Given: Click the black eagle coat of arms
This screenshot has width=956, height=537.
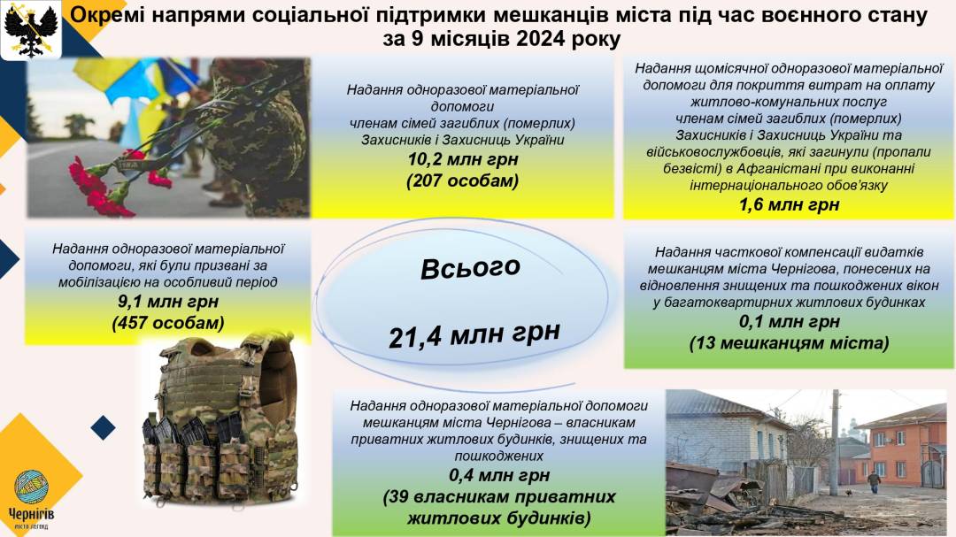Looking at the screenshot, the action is pyautogui.click(x=30, y=29).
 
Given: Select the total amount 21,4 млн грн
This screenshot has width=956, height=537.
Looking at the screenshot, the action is pyautogui.click(x=474, y=334).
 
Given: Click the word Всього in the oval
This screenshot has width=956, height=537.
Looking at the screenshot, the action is pyautogui.click(x=470, y=268).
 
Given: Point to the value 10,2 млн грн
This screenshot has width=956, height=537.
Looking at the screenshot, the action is pyautogui.click(x=463, y=160).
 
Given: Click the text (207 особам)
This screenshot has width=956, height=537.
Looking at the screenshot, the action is pyautogui.click(x=463, y=181).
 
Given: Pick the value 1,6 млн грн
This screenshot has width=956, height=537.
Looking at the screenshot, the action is pyautogui.click(x=789, y=205).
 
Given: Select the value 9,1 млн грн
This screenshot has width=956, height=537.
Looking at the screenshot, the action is pyautogui.click(x=167, y=301).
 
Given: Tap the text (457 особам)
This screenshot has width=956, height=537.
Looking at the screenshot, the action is pyautogui.click(x=167, y=322).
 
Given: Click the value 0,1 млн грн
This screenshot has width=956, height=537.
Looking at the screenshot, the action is pyautogui.click(x=789, y=321).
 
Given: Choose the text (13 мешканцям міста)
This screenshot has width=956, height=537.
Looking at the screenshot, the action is pyautogui.click(x=789, y=343).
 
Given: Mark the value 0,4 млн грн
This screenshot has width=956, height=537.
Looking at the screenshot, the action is pyautogui.click(x=499, y=475).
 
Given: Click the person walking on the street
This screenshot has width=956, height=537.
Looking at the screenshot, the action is pyautogui.click(x=875, y=481).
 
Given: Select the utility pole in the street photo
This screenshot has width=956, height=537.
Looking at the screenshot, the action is pyautogui.click(x=835, y=442).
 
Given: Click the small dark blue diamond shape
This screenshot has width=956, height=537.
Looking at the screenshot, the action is pyautogui.click(x=103, y=427).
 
